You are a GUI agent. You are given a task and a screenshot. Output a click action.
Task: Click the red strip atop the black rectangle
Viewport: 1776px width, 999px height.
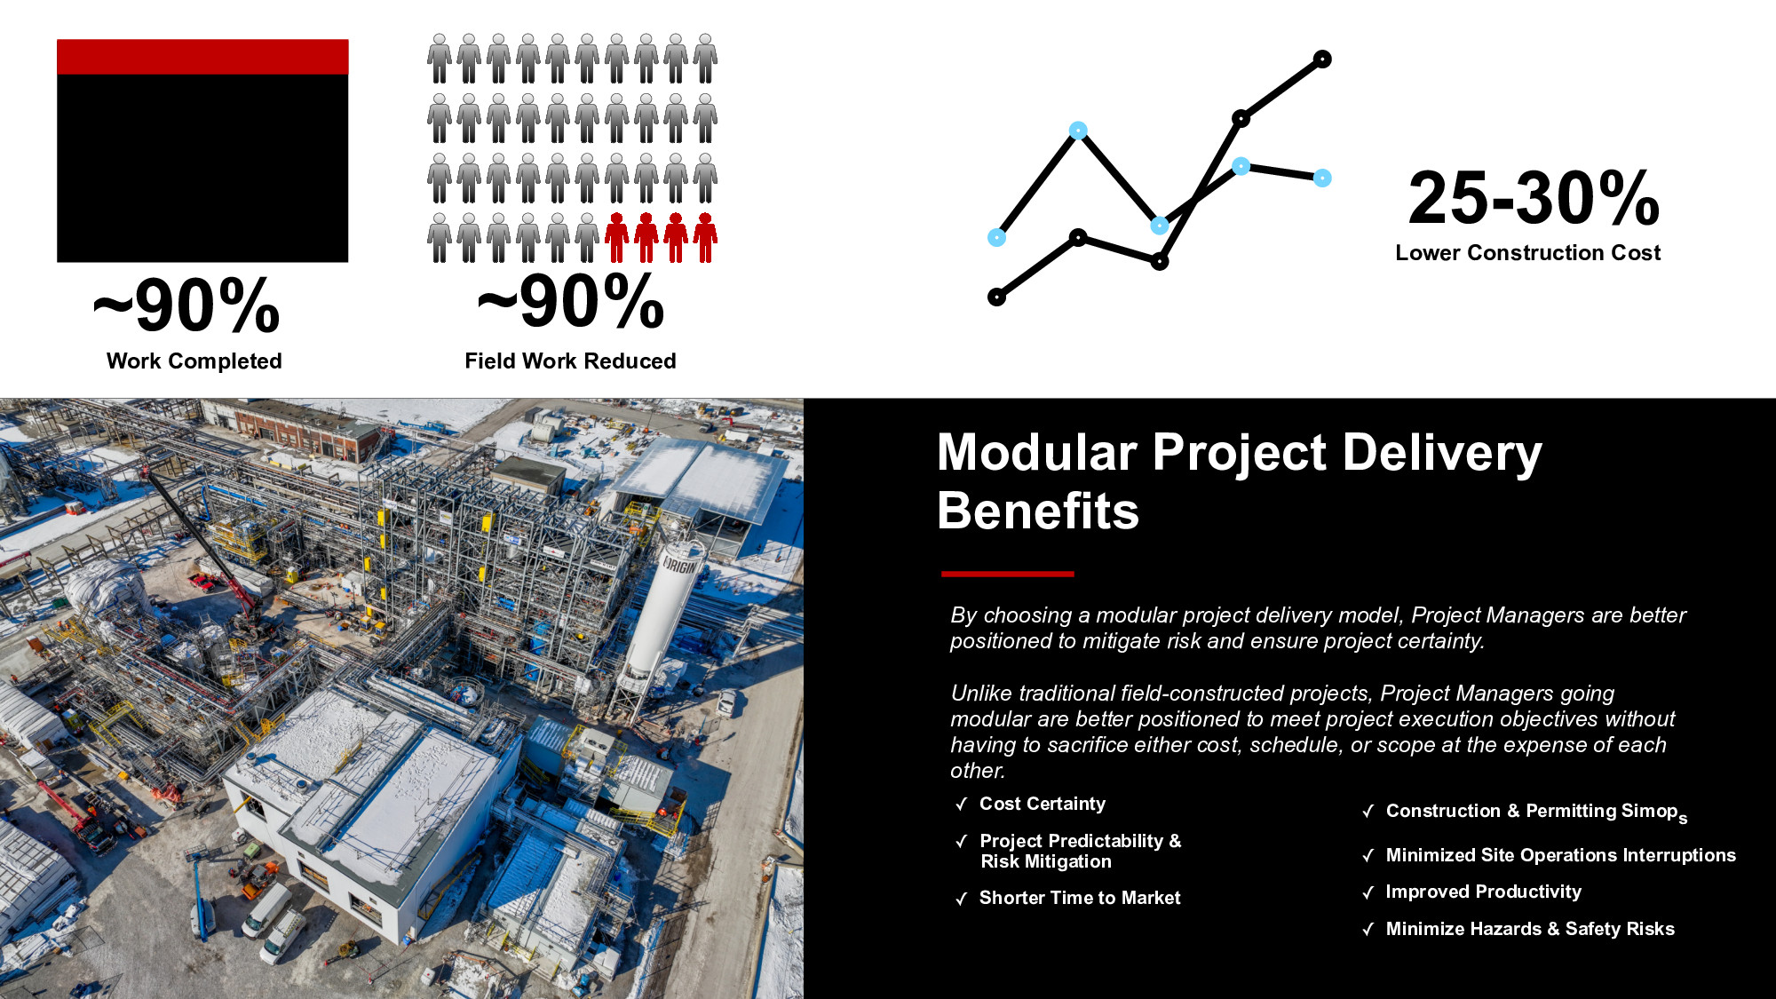pyautogui.click(x=202, y=57)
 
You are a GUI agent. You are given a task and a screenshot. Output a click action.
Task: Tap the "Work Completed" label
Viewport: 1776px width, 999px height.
pyautogui.click(x=194, y=361)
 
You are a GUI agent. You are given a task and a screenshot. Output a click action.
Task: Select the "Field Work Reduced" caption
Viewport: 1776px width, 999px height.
pyautogui.click(x=570, y=361)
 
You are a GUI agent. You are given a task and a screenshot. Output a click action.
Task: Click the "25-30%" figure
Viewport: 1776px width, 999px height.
pyautogui.click(x=1534, y=198)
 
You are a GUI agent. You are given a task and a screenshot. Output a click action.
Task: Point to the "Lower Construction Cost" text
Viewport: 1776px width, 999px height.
pyautogui.click(x=1527, y=253)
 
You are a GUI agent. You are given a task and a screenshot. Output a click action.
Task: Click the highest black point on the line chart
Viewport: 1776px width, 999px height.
pyautogui.click(x=1322, y=59)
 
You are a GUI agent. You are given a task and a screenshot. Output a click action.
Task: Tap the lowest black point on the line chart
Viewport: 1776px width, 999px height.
pyautogui.click(x=997, y=297)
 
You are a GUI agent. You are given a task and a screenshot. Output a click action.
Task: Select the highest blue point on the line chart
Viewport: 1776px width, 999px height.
pyautogui.click(x=1078, y=131)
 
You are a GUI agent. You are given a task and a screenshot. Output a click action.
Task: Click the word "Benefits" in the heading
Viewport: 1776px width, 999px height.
pyautogui.click(x=1038, y=511)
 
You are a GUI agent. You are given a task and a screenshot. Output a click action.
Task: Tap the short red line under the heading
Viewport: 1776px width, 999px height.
pyautogui.click(x=1008, y=575)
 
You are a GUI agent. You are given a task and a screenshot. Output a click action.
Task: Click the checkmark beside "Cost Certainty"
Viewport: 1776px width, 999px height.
pyautogui.click(x=961, y=805)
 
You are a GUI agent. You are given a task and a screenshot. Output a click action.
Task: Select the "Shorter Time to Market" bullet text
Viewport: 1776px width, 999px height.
pyautogui.click(x=1080, y=898)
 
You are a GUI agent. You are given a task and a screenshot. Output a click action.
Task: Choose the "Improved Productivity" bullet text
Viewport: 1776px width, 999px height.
pyautogui.click(x=1484, y=892)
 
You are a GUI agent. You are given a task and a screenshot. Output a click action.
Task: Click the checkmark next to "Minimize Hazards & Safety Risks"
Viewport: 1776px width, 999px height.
pyautogui.click(x=1368, y=930)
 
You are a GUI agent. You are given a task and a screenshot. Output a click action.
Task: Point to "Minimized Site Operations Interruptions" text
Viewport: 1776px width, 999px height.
pyautogui.click(x=1561, y=855)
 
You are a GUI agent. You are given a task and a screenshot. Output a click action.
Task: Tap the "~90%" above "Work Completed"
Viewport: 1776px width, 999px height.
pyautogui.click(x=186, y=306)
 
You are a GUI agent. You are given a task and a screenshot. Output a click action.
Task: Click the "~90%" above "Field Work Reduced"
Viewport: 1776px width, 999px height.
pyautogui.click(x=571, y=302)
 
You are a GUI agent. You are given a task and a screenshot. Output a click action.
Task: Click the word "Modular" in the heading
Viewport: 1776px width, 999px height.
pyautogui.click(x=1037, y=453)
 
